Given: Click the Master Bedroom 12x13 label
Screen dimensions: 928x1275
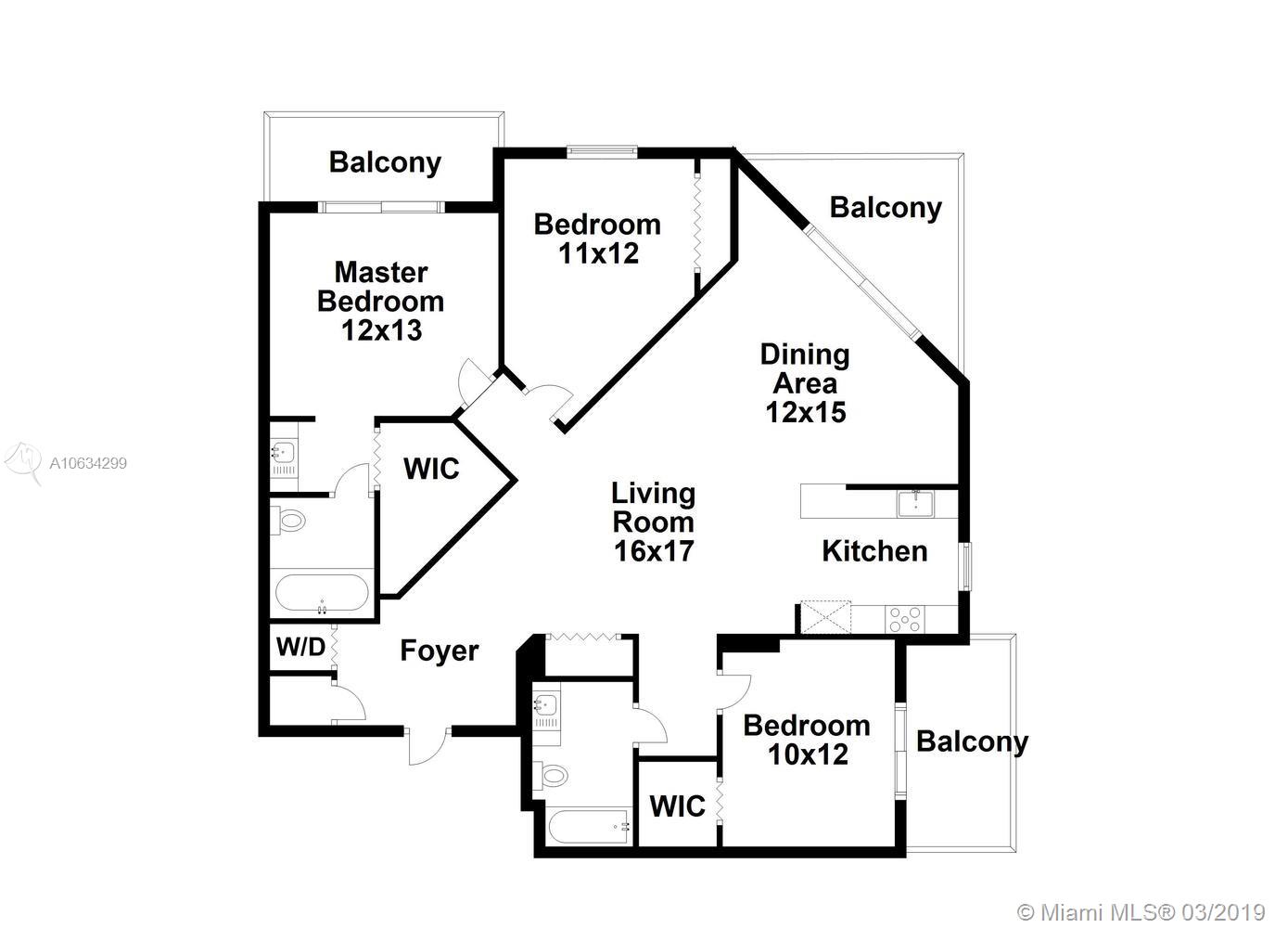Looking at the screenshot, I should [380, 301].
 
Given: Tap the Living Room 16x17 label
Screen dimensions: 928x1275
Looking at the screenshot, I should [654, 522].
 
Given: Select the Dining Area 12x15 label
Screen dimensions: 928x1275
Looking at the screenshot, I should [805, 382].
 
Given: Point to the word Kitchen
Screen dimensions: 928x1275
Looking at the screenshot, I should [874, 551].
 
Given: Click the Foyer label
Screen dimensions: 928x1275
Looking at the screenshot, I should [440, 651].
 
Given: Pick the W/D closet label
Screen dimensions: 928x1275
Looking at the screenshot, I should [300, 647].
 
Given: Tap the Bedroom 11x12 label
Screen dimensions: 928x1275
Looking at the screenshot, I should [597, 238].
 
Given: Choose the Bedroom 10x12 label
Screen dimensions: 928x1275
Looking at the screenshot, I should [807, 740].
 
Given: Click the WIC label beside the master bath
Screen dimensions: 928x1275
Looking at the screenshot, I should [431, 469].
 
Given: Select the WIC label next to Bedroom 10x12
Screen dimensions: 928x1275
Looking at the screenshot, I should [678, 806].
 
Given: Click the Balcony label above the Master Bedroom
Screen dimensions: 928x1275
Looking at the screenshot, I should [385, 162].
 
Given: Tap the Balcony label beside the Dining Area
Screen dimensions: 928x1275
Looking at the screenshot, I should [886, 207].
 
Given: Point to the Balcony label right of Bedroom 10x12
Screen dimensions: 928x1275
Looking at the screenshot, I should [972, 741].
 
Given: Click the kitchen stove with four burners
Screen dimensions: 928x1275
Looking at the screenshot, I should [904, 619].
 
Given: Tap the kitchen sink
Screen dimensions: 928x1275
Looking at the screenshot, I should [915, 503].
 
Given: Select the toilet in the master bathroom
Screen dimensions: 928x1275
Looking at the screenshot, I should [289, 521].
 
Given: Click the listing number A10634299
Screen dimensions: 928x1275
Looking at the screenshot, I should [88, 463].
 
